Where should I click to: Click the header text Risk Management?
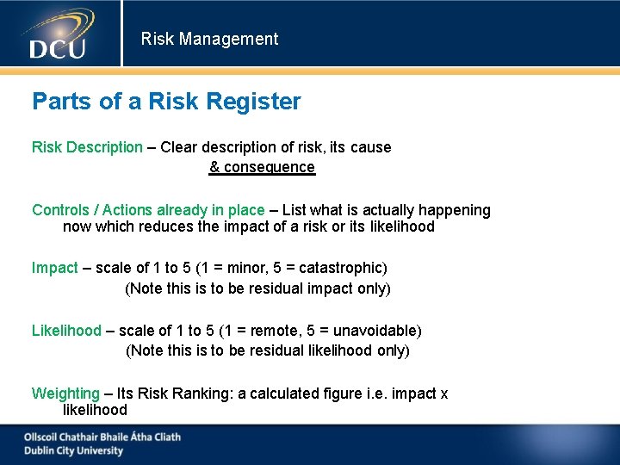[x=209, y=39]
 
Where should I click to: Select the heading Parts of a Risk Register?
[x=166, y=102]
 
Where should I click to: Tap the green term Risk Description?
[x=87, y=147]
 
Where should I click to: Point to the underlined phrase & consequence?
[x=262, y=167]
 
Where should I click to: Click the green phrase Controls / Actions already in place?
[x=148, y=210]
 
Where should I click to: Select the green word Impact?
[x=55, y=268]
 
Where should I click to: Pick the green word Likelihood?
[x=66, y=331]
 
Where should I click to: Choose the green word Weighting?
[x=65, y=394]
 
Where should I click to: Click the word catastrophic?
[x=339, y=268]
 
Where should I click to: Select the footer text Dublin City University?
[x=73, y=450]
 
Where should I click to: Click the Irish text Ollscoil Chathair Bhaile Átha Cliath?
[x=102, y=437]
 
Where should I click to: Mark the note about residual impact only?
[x=257, y=288]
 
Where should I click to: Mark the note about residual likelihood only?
[x=267, y=350]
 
